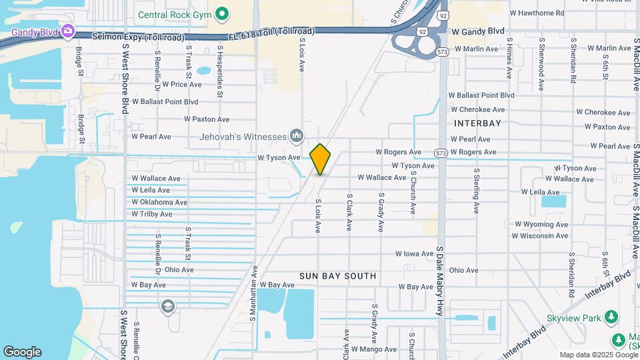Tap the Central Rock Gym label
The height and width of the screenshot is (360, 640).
pos(175,14)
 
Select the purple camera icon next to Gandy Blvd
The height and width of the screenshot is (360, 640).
pos(68,31)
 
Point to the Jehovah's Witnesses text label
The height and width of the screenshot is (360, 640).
pos(243,137)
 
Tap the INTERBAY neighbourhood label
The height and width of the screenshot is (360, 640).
pos(477,123)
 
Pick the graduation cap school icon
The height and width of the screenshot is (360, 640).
pos(167,306)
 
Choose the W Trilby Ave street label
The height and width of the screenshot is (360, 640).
pos(152,214)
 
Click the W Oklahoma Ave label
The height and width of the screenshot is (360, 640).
pos(159,202)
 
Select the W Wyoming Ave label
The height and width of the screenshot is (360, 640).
pos(541,224)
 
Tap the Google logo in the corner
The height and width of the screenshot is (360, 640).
pos(21,352)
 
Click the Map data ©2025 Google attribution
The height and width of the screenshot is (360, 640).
pos(598,355)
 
